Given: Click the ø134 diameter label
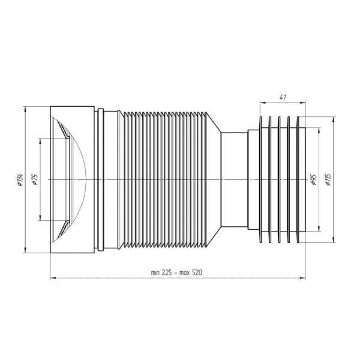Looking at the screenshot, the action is coord(20,180).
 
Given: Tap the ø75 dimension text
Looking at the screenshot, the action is coord(35,179).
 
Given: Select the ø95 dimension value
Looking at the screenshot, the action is coord(313,179).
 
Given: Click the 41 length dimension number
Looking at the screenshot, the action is coord(283,97).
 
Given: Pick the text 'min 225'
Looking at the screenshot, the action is coord(161,272).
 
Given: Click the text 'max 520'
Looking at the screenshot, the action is coord(191,272).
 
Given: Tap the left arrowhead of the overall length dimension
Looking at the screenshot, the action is coord(53,278).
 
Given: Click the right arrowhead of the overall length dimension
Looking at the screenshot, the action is coord(302,278).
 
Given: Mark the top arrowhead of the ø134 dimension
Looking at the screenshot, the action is coord(25,109).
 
